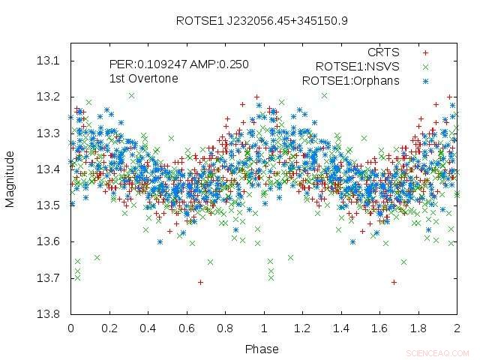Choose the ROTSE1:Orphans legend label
point(351,80)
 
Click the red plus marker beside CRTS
point(426,52)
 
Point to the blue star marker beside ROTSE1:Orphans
point(426,80)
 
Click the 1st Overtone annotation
point(144,78)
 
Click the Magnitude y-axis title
point(10,178)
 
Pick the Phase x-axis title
point(262,349)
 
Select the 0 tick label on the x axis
point(70,328)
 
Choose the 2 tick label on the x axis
point(457,328)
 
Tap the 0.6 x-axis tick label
point(187,328)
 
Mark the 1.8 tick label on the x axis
point(418,328)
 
